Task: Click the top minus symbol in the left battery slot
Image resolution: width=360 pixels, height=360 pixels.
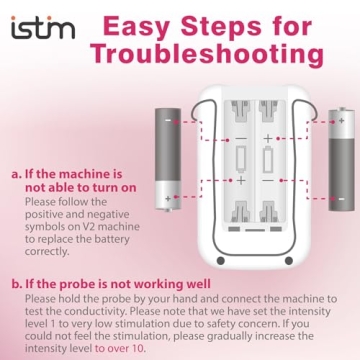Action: coord(240,139)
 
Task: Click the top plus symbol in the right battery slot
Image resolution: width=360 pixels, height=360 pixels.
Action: coord(268,139)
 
